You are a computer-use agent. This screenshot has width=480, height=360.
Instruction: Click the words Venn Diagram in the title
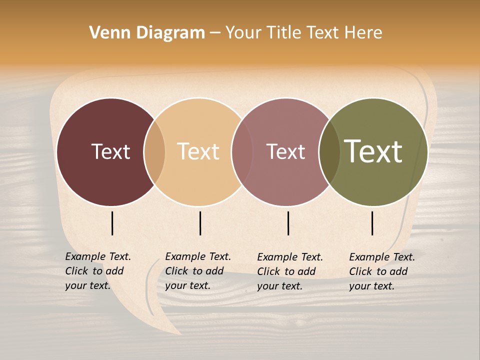147,33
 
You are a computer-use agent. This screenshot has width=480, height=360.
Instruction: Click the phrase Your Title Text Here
303,33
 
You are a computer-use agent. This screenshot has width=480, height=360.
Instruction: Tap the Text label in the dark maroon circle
110,151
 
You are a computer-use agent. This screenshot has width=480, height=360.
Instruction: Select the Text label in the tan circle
198,151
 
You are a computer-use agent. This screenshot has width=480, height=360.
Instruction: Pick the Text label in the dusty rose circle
286,151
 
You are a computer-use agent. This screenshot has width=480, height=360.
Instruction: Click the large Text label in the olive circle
373,151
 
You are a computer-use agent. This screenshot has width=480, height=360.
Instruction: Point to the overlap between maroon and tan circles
154,152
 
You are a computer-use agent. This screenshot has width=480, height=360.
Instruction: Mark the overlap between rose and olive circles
329,152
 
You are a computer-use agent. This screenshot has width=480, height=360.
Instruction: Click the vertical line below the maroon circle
112,223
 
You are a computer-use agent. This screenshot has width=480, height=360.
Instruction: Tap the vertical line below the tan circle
200,223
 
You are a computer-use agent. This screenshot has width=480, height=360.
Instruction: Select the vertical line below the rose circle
288,223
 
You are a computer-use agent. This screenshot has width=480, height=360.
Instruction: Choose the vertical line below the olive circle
372,223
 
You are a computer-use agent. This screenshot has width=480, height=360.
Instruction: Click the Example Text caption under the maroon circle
98,271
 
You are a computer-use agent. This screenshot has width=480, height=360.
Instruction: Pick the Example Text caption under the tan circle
198,271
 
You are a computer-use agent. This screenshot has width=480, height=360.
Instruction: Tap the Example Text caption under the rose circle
290,271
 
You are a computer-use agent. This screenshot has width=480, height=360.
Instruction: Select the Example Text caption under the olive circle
382,271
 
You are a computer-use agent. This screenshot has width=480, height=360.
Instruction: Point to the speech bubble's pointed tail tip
180,333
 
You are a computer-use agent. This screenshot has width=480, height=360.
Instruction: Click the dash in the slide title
215,33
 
